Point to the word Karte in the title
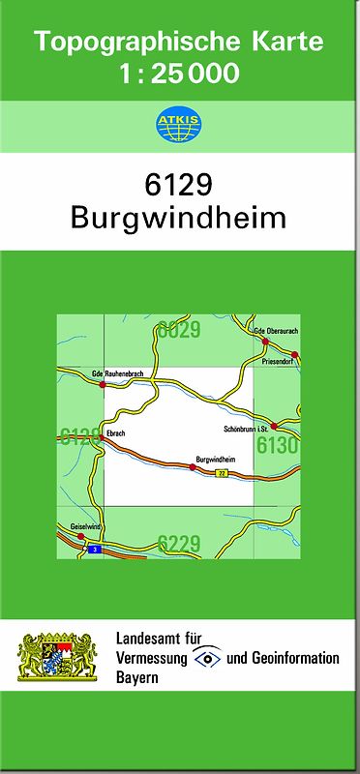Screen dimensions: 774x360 [x=285, y=42]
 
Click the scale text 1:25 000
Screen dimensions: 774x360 [x=179, y=74]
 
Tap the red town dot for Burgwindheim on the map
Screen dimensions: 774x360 [x=193, y=467]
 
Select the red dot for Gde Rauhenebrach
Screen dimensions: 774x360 [x=105, y=384]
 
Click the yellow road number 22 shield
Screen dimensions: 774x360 [x=222, y=473]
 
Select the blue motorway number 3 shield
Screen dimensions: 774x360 [x=94, y=550]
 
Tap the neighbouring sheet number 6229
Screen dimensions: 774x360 [x=179, y=543]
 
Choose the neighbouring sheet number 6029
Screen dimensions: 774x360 [x=179, y=330]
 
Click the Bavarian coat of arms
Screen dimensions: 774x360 [x=59, y=657]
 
